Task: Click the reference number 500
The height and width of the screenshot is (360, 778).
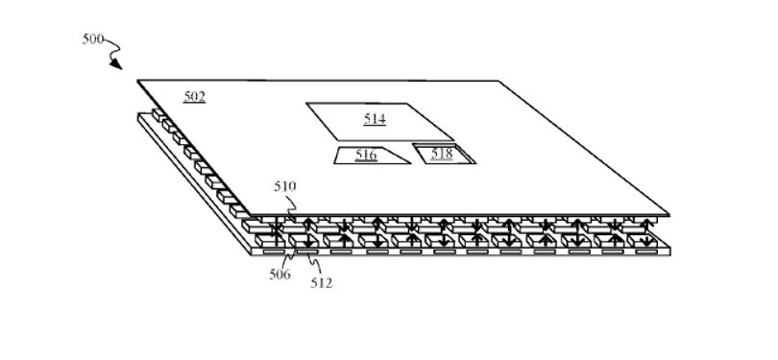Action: click(93, 39)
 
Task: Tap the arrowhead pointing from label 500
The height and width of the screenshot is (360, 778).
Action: click(116, 64)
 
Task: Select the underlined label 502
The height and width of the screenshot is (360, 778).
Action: click(194, 96)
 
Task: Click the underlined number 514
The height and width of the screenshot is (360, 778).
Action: click(375, 119)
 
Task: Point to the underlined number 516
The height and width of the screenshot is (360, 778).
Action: click(366, 156)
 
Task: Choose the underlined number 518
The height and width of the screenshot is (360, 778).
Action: click(442, 154)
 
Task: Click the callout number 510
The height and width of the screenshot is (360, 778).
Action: click(285, 187)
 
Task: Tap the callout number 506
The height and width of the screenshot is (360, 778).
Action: click(280, 274)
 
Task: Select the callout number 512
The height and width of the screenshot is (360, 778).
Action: click(322, 283)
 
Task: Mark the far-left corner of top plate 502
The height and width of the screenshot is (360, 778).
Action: click(137, 80)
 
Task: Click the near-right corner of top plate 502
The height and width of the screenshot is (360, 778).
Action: click(669, 215)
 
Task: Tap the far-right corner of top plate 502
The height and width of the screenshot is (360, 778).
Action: click(498, 81)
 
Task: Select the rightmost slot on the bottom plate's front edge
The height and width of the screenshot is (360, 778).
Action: click(645, 252)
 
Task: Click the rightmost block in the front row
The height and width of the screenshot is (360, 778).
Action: click(643, 241)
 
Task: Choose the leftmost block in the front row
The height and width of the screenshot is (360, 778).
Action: click(271, 241)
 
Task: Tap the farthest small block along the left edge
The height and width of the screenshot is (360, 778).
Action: click(158, 115)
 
